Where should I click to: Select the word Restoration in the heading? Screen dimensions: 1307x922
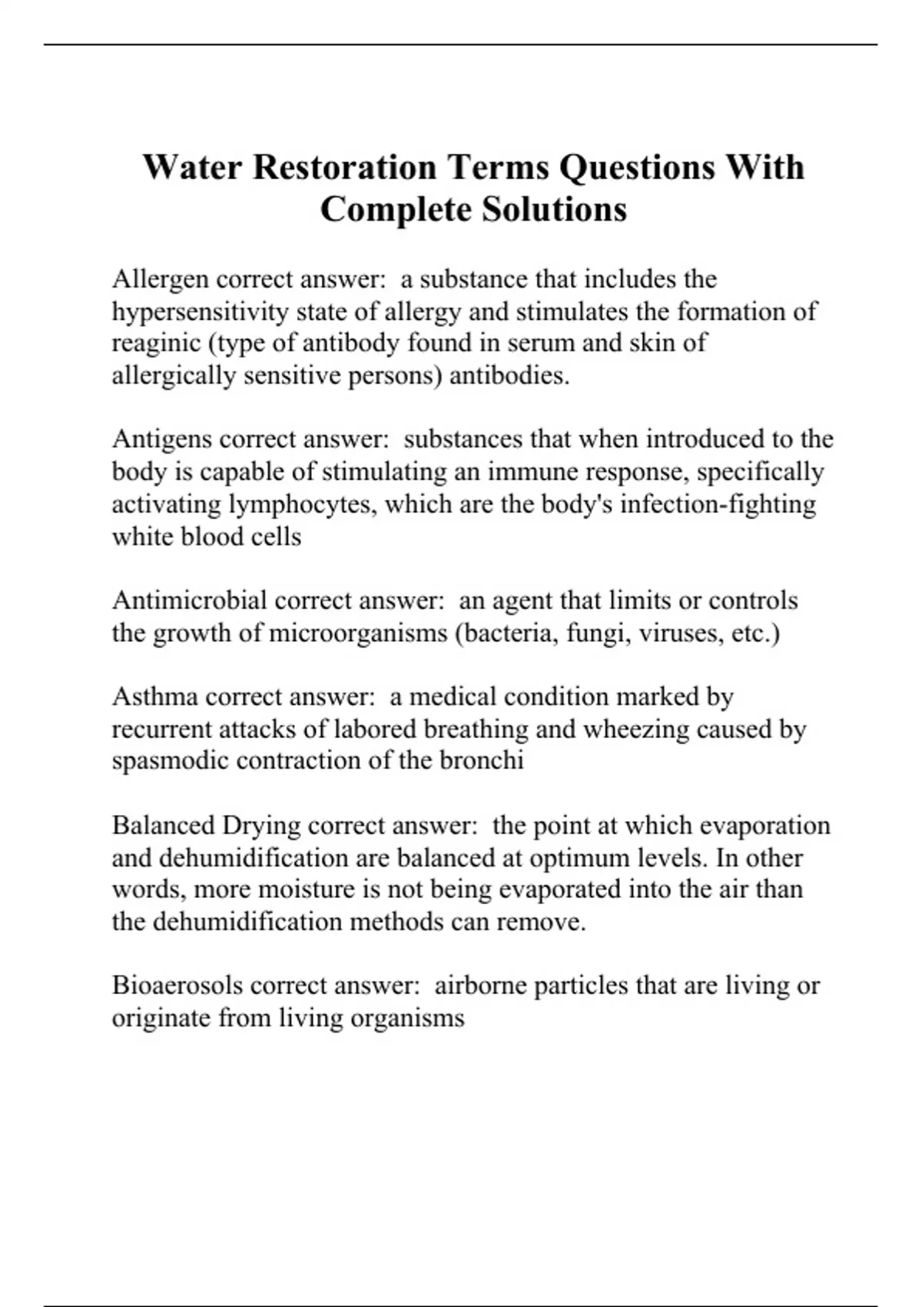[344, 167]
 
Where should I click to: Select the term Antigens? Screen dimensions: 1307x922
[162, 439]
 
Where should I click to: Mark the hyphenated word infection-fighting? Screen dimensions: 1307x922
[718, 504]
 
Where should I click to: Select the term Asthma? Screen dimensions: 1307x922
[155, 697]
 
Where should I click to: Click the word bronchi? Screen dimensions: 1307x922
[482, 760]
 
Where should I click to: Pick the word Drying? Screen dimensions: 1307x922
[261, 826]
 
